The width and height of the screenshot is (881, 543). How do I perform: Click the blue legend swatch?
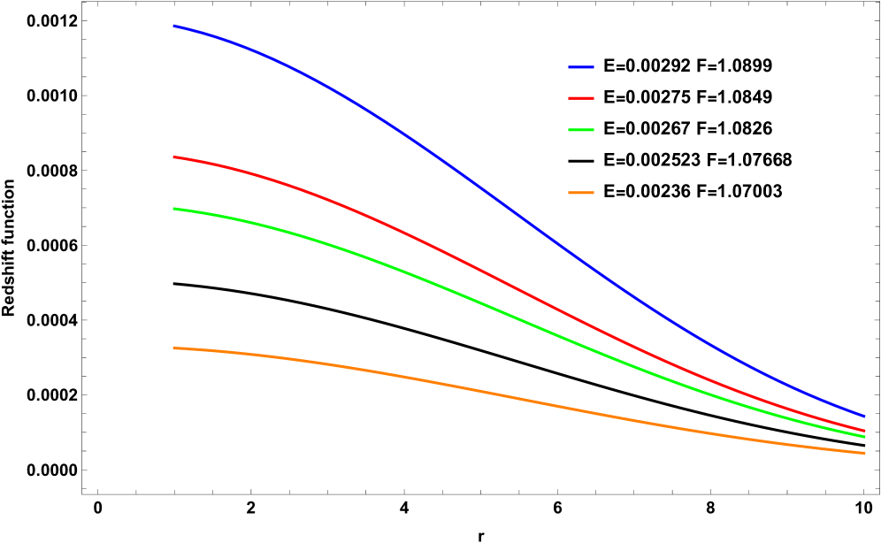[x=581, y=67]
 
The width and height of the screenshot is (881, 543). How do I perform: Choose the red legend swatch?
[x=581, y=98]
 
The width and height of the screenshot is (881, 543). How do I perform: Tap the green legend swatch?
[x=581, y=130]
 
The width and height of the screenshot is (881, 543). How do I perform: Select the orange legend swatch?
[x=581, y=193]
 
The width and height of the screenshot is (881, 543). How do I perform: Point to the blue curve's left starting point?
[x=173, y=27]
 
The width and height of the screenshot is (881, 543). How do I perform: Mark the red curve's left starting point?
[x=173, y=157]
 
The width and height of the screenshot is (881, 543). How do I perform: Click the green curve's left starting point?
[x=173, y=209]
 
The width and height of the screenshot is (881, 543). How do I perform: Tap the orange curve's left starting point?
[x=173, y=348]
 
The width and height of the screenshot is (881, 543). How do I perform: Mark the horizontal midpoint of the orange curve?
[x=519, y=399]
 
